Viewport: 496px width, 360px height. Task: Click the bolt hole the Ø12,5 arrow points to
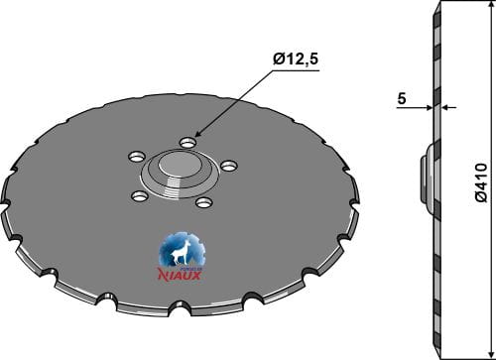(x=186, y=142)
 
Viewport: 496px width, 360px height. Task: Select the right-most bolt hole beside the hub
(x=229, y=165)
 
